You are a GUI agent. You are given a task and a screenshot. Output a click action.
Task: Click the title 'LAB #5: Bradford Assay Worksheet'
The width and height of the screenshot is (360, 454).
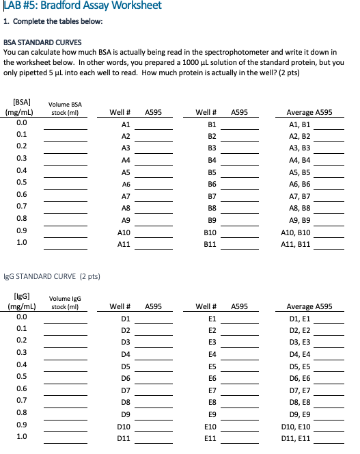[82, 6]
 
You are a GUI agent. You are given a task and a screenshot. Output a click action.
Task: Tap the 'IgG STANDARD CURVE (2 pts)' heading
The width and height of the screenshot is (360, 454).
[52, 276]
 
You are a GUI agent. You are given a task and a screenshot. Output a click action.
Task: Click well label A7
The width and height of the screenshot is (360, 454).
[125, 195]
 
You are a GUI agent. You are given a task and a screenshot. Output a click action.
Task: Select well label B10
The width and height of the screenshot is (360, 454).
[210, 232]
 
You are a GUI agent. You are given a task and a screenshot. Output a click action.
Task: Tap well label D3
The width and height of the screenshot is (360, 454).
[125, 340]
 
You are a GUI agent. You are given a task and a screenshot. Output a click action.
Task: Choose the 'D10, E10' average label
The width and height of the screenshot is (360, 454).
[296, 425]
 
